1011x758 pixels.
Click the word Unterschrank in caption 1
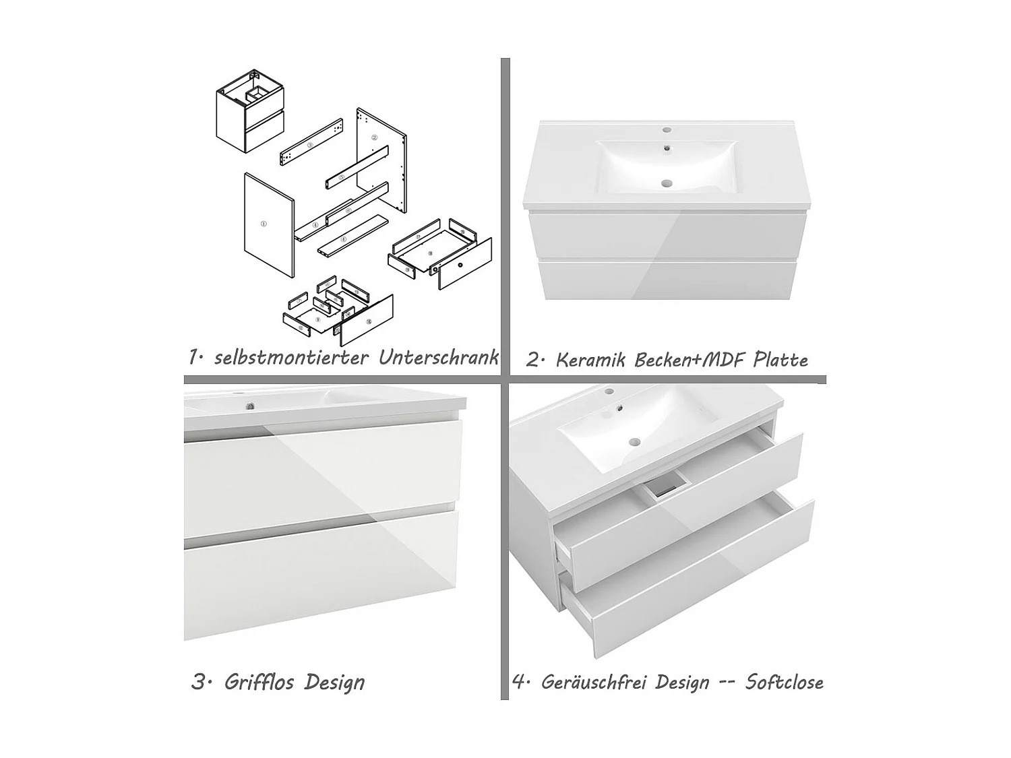[x=438, y=357]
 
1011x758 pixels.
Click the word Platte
[x=780, y=360]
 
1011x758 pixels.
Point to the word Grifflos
[x=259, y=682]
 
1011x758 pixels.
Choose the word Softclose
[x=784, y=682]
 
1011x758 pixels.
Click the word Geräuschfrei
[x=625, y=682]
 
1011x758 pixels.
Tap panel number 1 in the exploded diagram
[x=268, y=225]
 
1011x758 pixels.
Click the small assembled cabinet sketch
[x=250, y=111]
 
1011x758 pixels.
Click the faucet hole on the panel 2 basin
[x=667, y=130]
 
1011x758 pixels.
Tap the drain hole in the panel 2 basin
[x=667, y=183]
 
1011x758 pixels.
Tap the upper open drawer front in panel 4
[x=686, y=513]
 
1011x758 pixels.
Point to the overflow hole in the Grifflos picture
[x=249, y=406]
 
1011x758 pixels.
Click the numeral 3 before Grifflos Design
[x=198, y=682]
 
